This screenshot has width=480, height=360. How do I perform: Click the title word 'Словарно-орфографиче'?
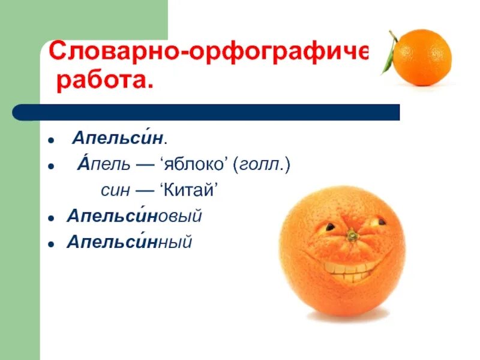208,52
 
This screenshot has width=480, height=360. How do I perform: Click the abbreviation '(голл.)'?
262,165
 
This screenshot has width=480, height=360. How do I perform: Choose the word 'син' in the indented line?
113,191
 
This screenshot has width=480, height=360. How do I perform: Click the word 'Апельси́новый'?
135,217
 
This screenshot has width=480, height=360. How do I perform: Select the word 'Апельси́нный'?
130,242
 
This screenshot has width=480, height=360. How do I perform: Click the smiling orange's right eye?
379,221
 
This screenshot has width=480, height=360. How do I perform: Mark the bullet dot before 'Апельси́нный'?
52,244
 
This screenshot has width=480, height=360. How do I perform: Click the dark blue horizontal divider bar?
207,112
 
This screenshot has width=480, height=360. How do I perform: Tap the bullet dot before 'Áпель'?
52,166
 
